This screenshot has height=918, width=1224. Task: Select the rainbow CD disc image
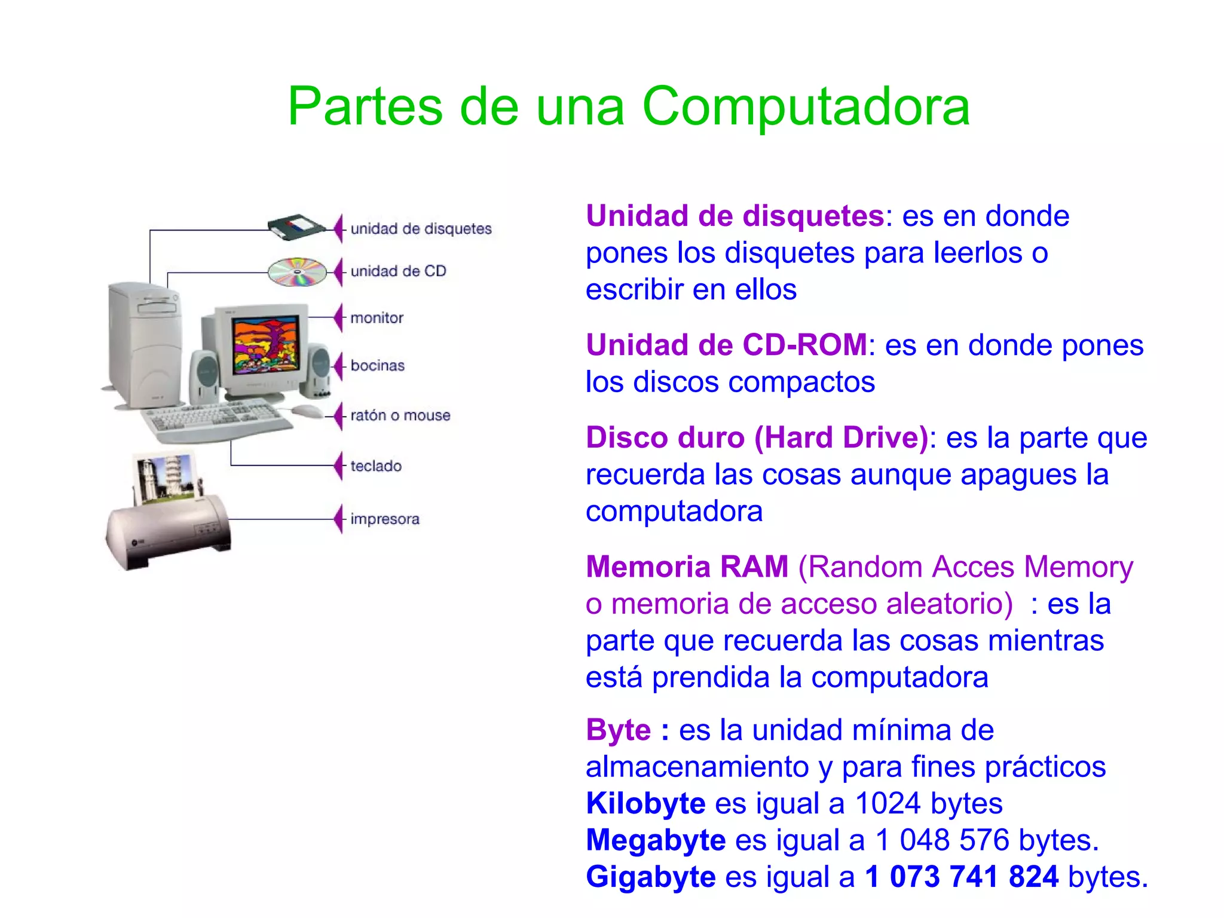[297, 272]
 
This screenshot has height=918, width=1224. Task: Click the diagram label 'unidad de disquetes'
[421, 229]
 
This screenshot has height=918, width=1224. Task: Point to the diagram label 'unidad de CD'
[398, 271]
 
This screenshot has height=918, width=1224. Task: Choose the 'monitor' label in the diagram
[377, 318]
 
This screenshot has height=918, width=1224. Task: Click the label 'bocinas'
[377, 366]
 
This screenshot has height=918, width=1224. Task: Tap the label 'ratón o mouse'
[400, 415]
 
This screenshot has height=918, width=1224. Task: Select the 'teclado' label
[375, 466]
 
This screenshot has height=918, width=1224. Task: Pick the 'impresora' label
[384, 519]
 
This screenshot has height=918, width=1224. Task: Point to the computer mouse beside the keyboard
[307, 411]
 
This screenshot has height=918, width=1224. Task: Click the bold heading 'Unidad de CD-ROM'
[726, 345]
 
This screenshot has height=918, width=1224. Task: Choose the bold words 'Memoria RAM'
[687, 567]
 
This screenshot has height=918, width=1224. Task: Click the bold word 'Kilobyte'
[645, 804]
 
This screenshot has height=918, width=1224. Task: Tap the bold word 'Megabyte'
[655, 840]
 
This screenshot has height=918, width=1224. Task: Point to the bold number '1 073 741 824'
[962, 877]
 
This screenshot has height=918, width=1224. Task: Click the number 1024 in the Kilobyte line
[888, 804]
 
